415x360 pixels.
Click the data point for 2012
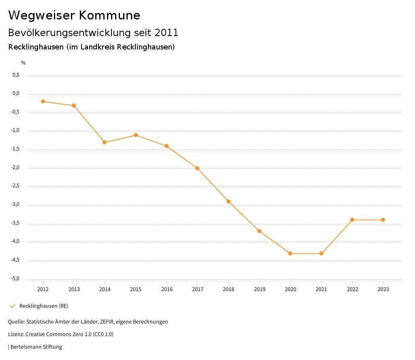[x=43, y=101]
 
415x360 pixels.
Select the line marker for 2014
[x=105, y=142]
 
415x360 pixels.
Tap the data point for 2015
[x=136, y=135]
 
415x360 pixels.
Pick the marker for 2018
[x=229, y=201]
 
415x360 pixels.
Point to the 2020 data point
[x=290, y=253]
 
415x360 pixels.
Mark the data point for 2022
[x=352, y=220]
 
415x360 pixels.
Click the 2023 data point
[x=383, y=220]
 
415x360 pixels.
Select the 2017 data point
[x=197, y=168]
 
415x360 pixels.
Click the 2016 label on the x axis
[x=167, y=289]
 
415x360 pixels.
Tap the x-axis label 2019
[x=259, y=289]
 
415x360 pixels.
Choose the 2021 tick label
[x=321, y=289]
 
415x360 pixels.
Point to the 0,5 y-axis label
[x=16, y=75]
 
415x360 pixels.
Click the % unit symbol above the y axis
[x=23, y=63]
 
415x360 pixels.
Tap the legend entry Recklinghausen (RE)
[x=43, y=306]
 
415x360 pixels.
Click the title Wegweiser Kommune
[x=74, y=15]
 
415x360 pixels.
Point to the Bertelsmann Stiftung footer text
[x=36, y=347]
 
